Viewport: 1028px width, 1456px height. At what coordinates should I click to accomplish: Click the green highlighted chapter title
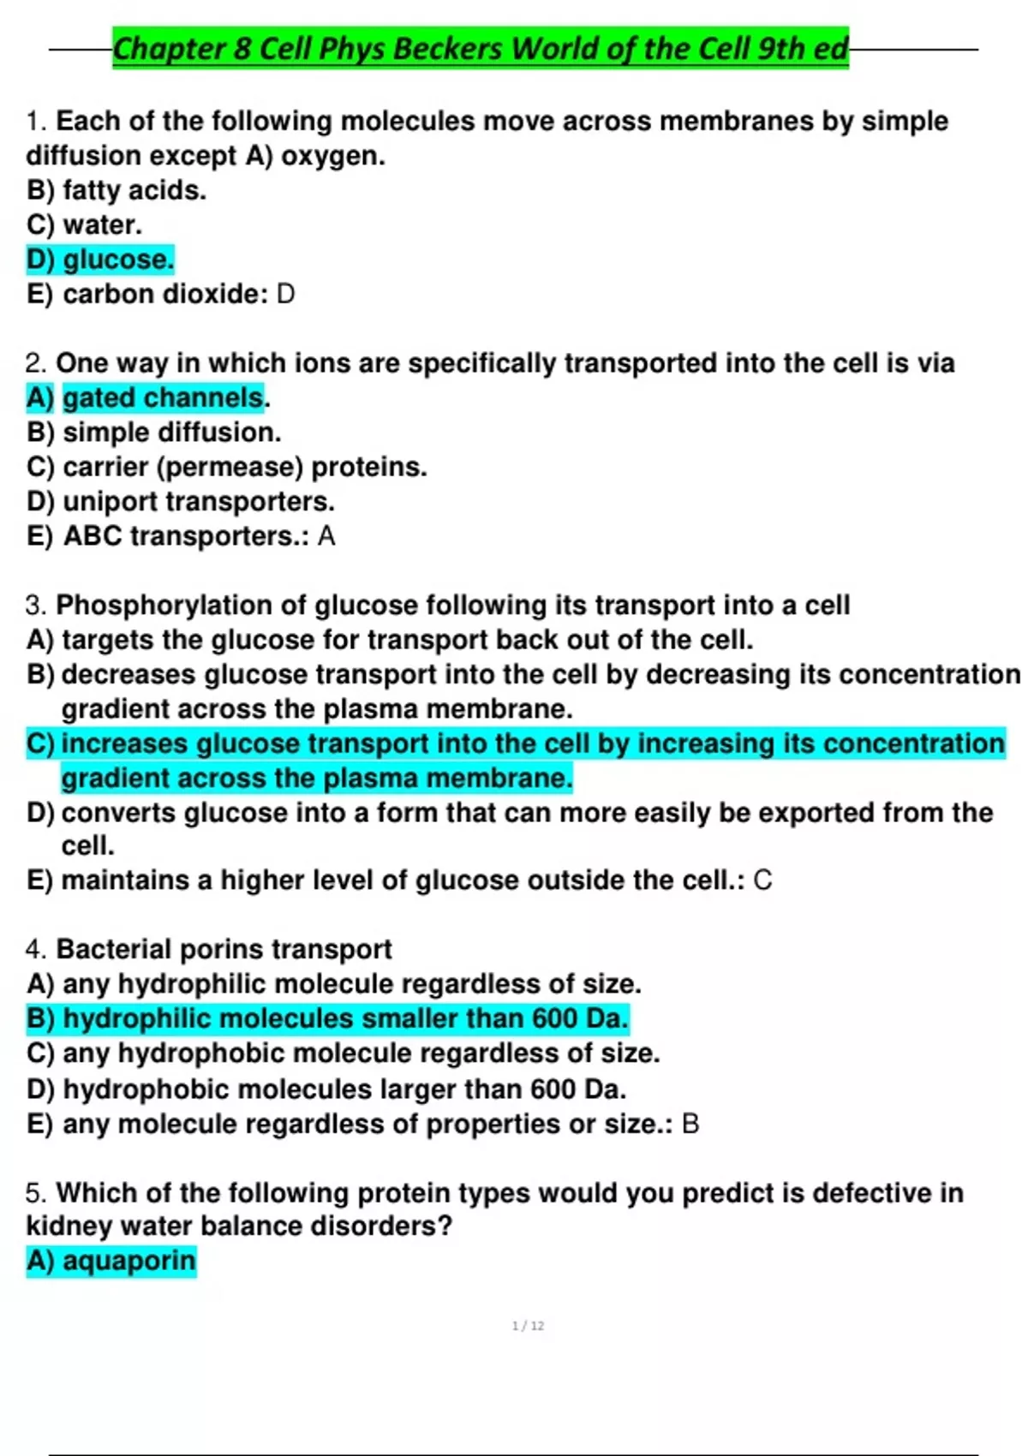480,48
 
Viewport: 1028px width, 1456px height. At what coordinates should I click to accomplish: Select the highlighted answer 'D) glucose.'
100,259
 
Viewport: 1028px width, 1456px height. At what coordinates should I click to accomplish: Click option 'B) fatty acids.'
117,190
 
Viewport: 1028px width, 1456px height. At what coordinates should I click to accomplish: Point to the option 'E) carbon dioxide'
146,294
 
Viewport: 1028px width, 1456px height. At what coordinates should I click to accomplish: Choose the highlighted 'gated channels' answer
163,397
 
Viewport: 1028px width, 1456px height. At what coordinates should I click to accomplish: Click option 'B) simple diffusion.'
154,433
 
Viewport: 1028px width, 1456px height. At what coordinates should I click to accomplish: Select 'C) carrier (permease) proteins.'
227,467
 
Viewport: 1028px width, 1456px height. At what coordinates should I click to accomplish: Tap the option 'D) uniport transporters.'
181,501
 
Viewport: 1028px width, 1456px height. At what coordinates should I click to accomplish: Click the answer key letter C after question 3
762,880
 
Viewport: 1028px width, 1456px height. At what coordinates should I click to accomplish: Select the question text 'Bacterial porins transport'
224,949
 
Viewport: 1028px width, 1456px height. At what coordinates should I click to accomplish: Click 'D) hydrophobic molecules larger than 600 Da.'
326,1089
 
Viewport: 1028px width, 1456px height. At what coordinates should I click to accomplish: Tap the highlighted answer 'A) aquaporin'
111,1261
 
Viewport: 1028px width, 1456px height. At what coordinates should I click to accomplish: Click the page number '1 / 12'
528,1326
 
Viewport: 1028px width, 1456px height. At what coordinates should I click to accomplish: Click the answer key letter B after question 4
690,1124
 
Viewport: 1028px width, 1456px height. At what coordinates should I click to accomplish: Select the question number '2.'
37,363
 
